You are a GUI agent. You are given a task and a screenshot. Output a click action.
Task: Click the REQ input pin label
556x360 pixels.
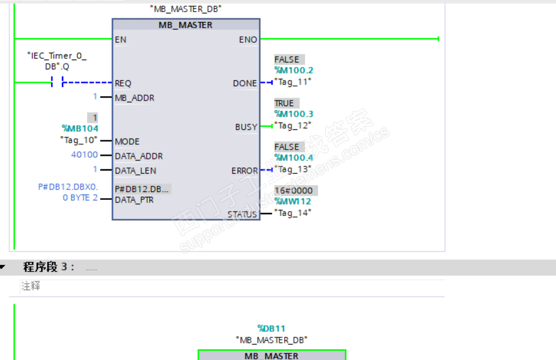pyautogui.click(x=123, y=83)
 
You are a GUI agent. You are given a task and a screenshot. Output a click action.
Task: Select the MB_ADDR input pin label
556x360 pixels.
pyautogui.click(x=134, y=98)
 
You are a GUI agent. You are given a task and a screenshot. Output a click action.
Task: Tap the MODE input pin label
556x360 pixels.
pyautogui.click(x=127, y=142)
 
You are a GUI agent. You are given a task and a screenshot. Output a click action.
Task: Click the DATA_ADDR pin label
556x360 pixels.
pyautogui.click(x=139, y=156)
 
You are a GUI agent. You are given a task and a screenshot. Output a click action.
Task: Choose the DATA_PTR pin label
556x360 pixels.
pyautogui.click(x=134, y=200)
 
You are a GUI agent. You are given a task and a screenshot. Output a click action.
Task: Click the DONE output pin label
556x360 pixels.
pyautogui.click(x=245, y=83)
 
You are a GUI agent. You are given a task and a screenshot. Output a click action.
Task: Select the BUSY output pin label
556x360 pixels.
pyautogui.click(x=246, y=127)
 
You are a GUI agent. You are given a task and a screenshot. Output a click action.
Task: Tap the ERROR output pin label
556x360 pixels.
pyautogui.click(x=244, y=170)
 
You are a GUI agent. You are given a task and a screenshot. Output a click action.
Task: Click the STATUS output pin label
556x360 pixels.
pyautogui.click(x=242, y=215)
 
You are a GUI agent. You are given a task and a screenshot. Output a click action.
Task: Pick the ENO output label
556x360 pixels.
pyautogui.click(x=248, y=40)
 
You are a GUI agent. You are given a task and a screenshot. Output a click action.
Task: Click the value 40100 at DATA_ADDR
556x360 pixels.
pyautogui.click(x=84, y=155)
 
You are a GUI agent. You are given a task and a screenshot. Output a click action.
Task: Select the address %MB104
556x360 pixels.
pyautogui.click(x=80, y=128)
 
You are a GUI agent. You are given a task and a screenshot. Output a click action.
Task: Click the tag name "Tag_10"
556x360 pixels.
pyautogui.click(x=79, y=140)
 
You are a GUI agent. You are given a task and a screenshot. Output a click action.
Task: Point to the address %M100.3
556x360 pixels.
pyautogui.click(x=293, y=114)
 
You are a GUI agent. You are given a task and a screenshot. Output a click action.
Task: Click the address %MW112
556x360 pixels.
pyautogui.click(x=292, y=201)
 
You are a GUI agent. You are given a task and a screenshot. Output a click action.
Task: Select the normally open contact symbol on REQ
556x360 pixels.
pyautogui.click(x=56, y=83)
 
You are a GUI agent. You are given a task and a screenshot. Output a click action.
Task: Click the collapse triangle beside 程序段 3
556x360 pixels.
pyautogui.click(x=3, y=267)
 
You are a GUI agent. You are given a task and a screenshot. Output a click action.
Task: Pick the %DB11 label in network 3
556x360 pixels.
pyautogui.click(x=271, y=329)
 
